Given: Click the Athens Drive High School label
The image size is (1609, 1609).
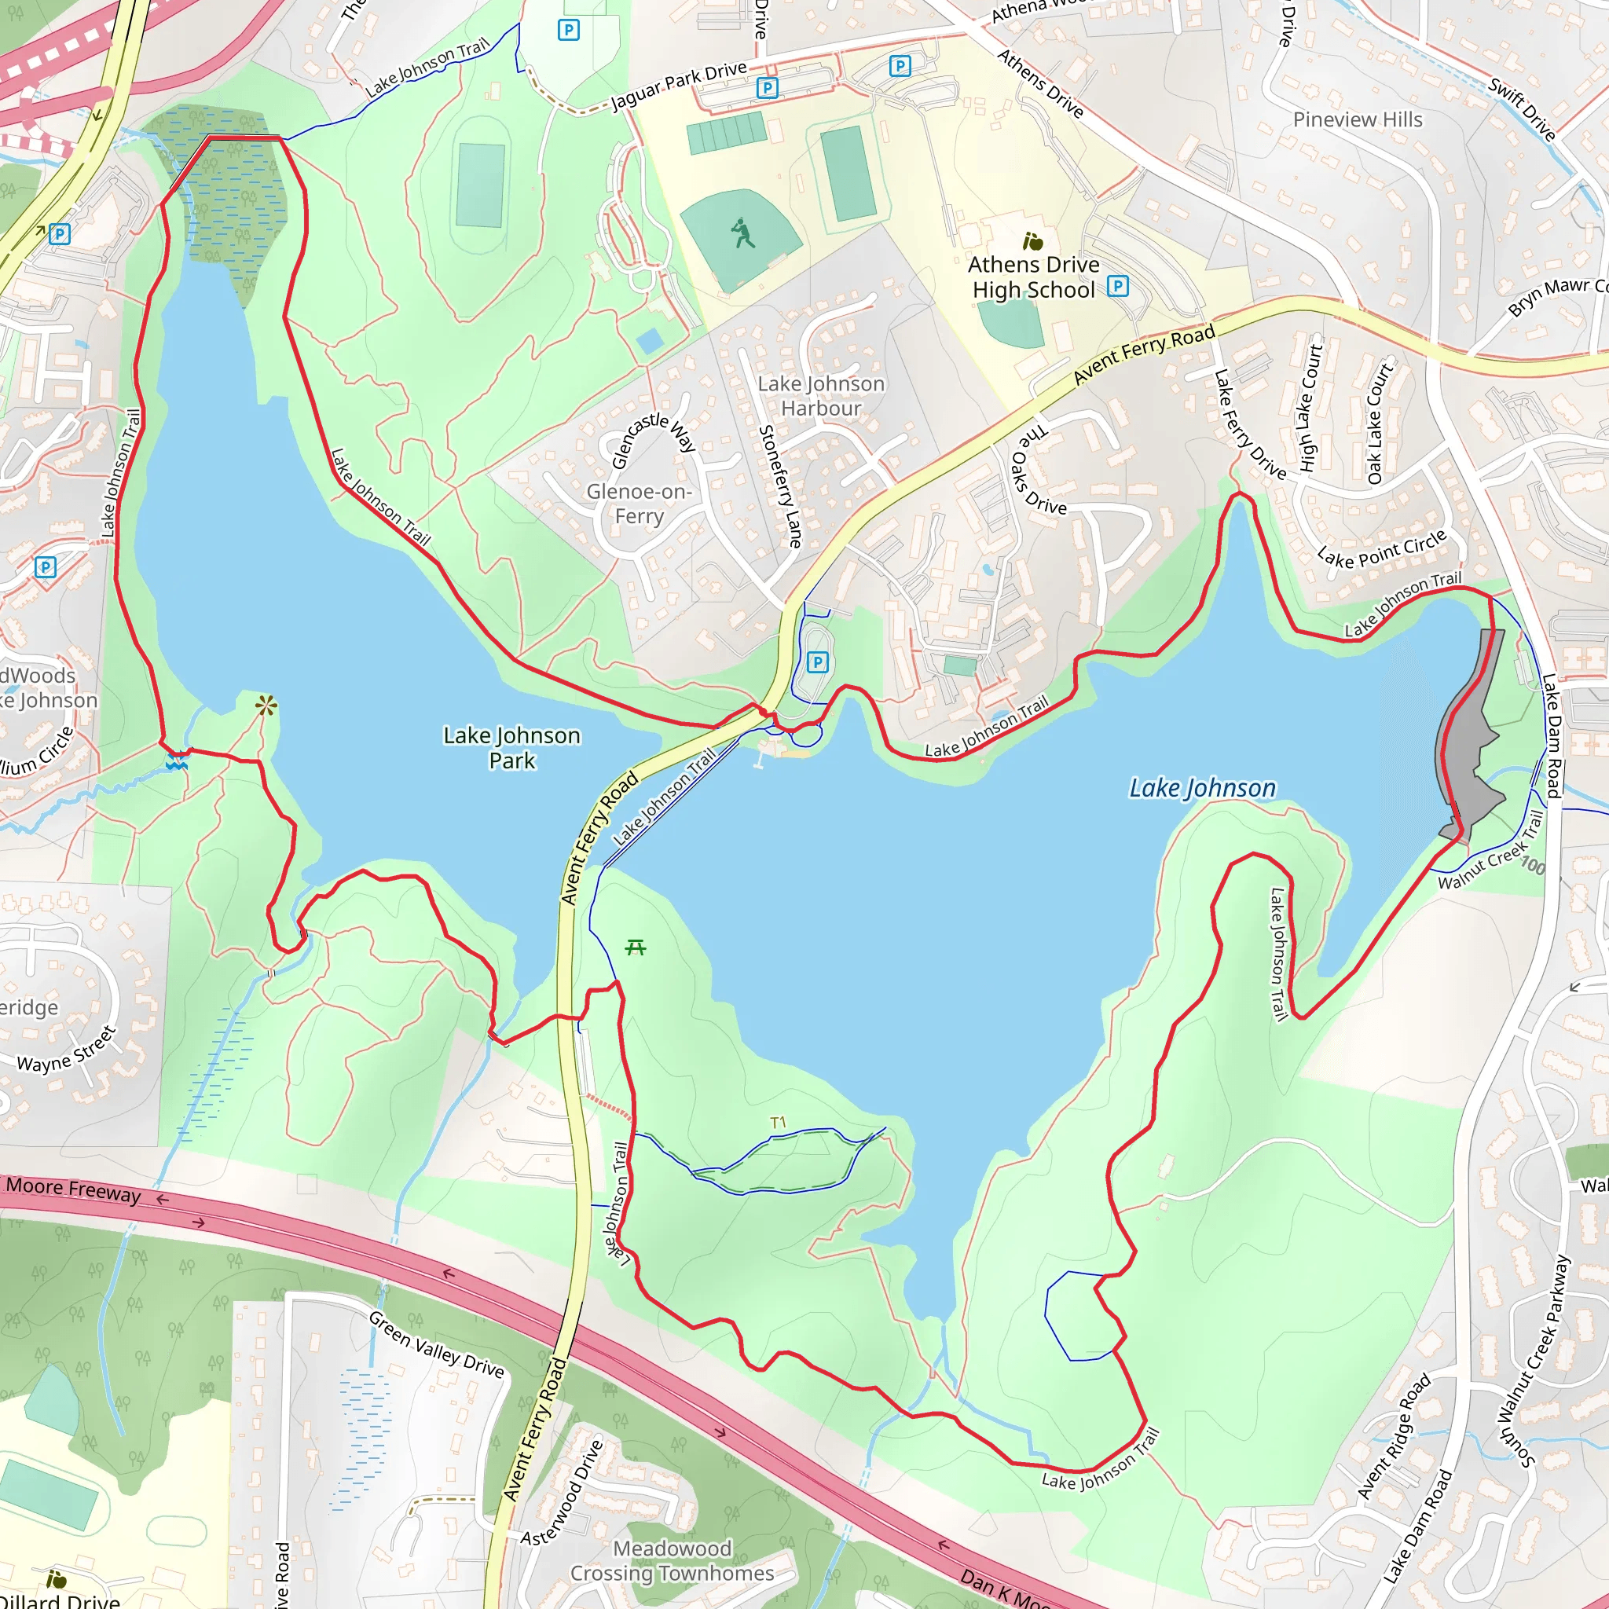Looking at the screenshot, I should click(1034, 277).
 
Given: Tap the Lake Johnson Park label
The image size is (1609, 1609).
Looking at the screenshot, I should click(512, 748).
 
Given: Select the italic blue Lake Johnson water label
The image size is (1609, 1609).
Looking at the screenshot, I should click(1202, 788).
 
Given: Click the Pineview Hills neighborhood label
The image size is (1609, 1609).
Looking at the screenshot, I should click(1358, 120).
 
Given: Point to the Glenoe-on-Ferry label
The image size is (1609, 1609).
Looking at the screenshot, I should click(639, 504).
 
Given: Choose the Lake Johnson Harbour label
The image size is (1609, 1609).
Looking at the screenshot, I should click(821, 397).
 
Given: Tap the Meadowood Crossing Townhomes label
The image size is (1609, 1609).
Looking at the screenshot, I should click(672, 1561).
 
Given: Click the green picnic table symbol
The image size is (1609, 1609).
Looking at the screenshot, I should click(636, 947).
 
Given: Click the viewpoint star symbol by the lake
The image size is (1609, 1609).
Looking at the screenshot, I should click(266, 707).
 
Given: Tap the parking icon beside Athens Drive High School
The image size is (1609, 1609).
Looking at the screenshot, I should click(1118, 287).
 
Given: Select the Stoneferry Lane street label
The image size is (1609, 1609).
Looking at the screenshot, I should click(780, 486).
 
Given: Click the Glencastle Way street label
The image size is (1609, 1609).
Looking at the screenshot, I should click(653, 440).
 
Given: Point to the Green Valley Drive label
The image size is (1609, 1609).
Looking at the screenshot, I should click(436, 1345).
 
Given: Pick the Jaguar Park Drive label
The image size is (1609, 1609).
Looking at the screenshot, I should click(679, 85).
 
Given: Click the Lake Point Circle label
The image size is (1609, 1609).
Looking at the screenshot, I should click(1382, 549).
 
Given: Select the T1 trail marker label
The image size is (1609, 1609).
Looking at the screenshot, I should click(778, 1123).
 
